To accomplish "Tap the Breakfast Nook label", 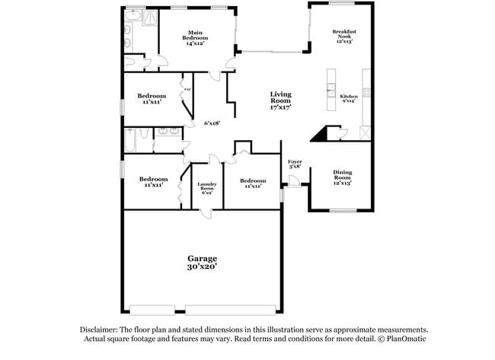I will (344, 33).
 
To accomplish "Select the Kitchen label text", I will (349, 97).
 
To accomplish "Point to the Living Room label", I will (280, 97).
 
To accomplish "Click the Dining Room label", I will (343, 174).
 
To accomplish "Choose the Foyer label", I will (295, 161).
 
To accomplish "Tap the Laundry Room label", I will (206, 185).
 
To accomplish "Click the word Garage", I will (203, 258).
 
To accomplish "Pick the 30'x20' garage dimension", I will (203, 268).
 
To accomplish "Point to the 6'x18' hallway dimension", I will (211, 123).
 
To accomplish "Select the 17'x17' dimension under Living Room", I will (280, 109).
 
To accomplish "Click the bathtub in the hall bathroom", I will (134, 142).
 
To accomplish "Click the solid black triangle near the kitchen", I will (320, 135).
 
